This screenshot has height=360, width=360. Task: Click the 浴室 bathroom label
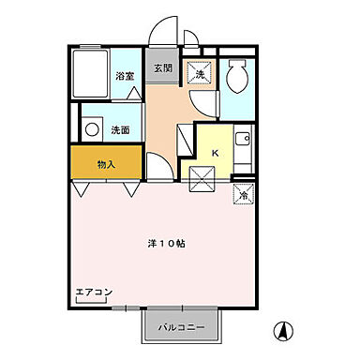point(123,76)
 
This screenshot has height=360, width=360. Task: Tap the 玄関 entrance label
point(163,67)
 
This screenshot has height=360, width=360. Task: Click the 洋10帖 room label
point(166,244)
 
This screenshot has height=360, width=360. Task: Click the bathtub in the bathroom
point(92,72)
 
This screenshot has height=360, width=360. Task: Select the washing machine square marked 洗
point(200,73)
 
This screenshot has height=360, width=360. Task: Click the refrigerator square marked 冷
point(241,195)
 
